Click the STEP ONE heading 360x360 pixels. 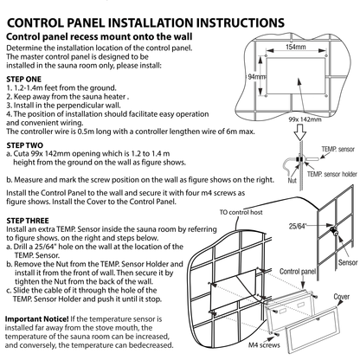[23, 79]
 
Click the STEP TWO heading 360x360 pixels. [24, 145]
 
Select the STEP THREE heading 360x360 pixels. [28, 221]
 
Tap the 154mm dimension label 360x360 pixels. [296, 47]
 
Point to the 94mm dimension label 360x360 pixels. [256, 77]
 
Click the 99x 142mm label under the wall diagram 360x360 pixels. [305, 119]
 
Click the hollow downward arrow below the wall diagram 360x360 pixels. [300, 132]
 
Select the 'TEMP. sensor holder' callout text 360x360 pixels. [332, 174]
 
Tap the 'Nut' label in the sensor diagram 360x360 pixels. [292, 181]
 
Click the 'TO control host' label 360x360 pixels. [241, 212]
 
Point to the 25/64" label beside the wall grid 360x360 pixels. [298, 226]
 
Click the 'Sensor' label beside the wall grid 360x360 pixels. [348, 262]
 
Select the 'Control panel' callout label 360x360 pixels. [298, 272]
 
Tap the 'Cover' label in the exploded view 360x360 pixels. [342, 297]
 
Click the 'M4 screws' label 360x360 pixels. [264, 345]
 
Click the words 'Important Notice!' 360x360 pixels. [37, 319]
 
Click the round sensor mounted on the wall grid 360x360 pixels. [334, 231]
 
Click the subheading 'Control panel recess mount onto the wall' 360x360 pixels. [100, 36]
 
